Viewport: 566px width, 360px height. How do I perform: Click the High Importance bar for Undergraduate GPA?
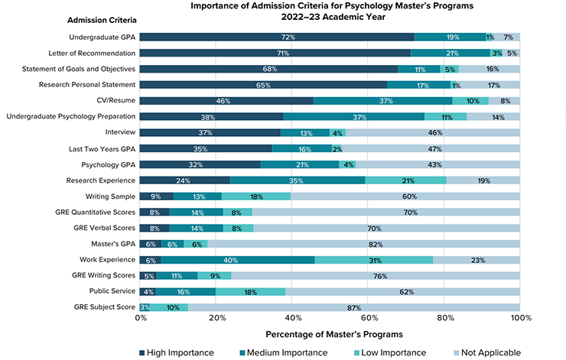click(x=277, y=37)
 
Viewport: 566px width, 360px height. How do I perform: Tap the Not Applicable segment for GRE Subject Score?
click(x=354, y=307)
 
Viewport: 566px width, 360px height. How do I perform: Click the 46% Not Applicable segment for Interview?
click(x=434, y=132)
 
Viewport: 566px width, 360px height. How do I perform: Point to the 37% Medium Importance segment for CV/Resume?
click(x=382, y=100)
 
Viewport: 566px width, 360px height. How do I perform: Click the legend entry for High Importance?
click(x=176, y=352)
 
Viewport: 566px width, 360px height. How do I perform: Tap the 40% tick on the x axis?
click(x=292, y=319)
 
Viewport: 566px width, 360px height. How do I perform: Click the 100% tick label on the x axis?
click(x=521, y=319)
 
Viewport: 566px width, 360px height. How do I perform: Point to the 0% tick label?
click(x=141, y=319)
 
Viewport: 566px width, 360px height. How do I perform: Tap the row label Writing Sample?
click(x=108, y=196)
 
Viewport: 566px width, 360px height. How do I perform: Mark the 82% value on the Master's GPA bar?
click(x=375, y=243)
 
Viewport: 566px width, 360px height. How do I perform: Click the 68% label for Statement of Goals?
click(x=269, y=69)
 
